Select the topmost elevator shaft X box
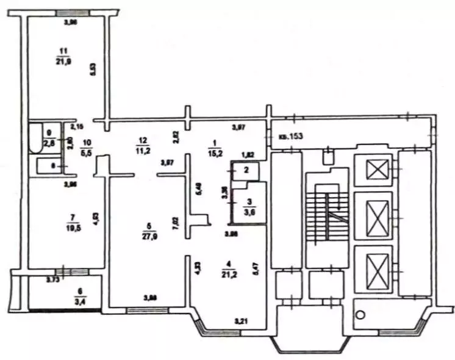pos(377,168)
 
